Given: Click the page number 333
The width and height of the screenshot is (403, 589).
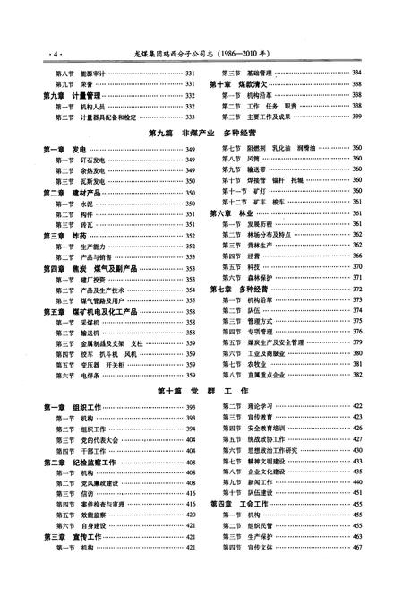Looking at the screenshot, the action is click(190, 117).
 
